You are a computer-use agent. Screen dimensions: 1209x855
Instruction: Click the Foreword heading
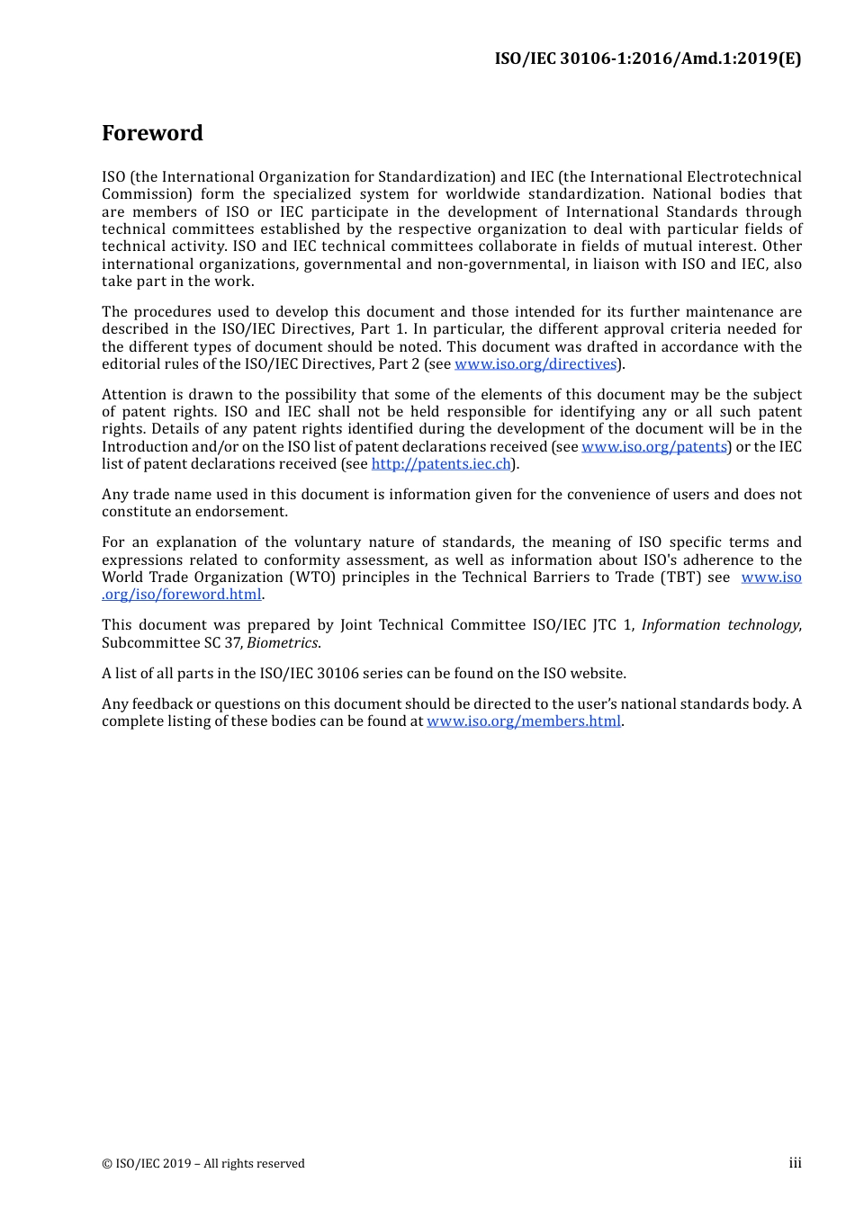click(152, 133)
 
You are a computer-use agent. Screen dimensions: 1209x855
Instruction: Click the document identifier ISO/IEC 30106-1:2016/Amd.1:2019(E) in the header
click(647, 58)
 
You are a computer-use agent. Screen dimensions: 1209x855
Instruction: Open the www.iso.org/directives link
click(535, 364)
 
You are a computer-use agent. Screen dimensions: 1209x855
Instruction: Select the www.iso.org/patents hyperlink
click(654, 447)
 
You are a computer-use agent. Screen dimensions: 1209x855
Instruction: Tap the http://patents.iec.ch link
click(441, 464)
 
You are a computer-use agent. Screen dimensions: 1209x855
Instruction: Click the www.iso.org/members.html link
click(524, 721)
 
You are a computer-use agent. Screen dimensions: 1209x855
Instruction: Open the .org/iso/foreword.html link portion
click(182, 595)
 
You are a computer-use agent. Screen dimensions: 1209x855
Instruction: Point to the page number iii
click(795, 1163)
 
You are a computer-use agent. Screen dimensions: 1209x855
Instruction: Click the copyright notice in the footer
click(203, 1164)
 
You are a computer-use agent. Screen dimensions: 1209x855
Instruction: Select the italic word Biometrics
click(282, 643)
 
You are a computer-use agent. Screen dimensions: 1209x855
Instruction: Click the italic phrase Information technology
click(720, 625)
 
